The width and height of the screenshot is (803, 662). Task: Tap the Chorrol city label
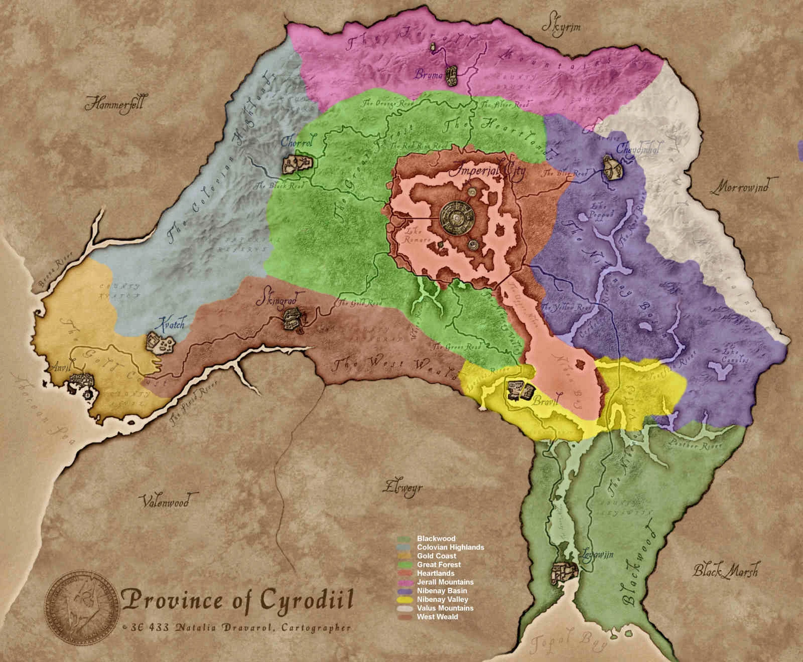297,143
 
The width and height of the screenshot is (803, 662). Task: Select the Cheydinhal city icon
613,168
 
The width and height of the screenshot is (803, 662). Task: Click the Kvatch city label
170,324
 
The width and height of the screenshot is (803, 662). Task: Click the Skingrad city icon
292,319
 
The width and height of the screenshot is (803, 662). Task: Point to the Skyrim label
564,26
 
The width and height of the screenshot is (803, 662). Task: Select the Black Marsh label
725,571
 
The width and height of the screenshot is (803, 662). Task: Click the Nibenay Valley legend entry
442,599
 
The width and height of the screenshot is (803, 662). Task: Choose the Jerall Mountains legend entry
444,582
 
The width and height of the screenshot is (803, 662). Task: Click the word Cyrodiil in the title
308,600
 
